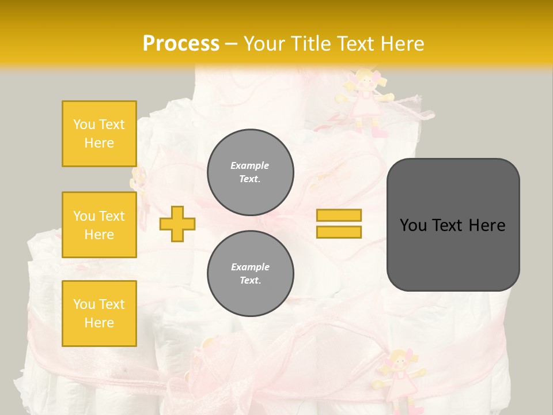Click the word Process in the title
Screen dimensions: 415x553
(181, 44)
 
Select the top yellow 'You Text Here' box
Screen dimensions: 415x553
(99, 134)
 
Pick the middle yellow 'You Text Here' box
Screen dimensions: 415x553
(99, 225)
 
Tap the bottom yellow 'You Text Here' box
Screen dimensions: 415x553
(99, 313)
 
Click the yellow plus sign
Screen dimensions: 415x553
(177, 223)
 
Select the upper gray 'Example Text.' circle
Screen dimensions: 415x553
(251, 172)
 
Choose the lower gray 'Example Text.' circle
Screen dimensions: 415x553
(251, 273)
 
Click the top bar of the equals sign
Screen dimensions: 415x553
(339, 215)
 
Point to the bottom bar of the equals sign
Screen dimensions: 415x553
(339, 232)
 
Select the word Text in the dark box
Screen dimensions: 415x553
(452, 225)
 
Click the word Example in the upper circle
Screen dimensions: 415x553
(250, 165)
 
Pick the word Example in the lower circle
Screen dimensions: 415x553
(250, 267)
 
